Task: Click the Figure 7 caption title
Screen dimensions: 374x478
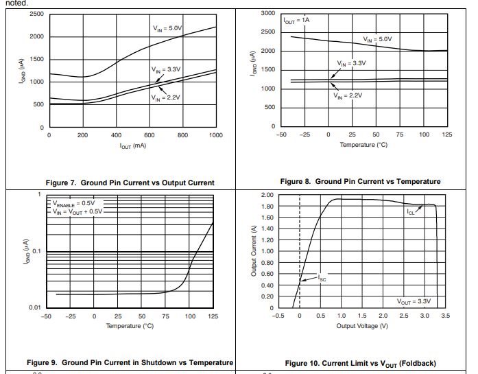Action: [130, 183]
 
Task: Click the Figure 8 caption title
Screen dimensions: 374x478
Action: [360, 181]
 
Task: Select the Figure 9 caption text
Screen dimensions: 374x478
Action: [130, 362]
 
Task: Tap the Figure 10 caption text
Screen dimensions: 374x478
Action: [360, 363]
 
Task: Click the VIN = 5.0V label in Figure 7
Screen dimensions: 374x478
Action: [167, 28]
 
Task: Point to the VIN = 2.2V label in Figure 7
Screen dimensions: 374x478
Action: [165, 97]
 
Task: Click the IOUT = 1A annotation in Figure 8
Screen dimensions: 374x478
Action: [297, 21]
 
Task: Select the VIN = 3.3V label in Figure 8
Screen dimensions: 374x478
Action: [351, 63]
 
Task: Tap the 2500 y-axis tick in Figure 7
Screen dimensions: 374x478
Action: [36, 14]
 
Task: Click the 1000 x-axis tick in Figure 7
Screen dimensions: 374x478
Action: [216, 135]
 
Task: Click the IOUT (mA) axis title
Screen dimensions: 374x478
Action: [132, 145]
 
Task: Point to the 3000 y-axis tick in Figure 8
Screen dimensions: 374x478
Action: [268, 14]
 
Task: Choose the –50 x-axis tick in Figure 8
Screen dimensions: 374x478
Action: [280, 135]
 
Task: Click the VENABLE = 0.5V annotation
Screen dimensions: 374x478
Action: [73, 203]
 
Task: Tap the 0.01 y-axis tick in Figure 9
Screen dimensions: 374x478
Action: [34, 307]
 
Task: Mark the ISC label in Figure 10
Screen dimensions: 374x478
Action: [322, 279]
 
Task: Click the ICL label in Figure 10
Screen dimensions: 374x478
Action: [410, 212]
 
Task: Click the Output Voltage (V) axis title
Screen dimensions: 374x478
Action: [362, 325]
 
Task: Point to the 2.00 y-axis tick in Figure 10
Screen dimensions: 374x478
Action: [267, 195]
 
